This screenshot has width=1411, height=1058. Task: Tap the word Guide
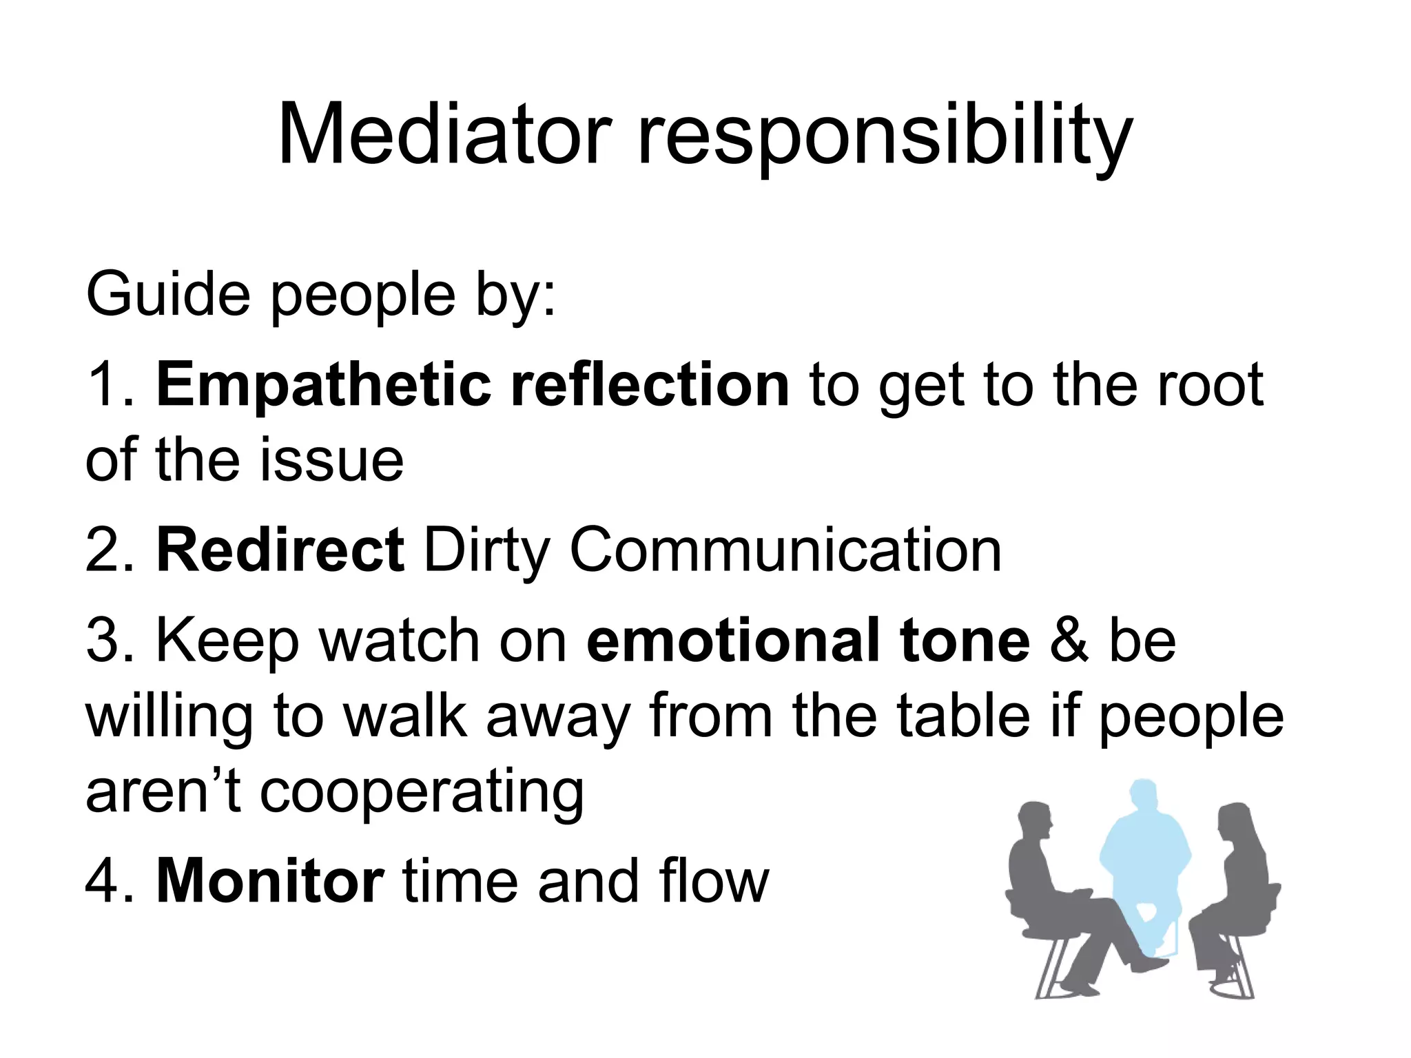click(167, 295)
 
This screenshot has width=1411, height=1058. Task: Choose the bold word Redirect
click(280, 550)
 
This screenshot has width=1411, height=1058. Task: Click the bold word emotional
click(733, 640)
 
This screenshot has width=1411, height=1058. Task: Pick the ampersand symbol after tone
click(1069, 641)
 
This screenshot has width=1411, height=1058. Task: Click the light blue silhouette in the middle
click(1143, 854)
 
